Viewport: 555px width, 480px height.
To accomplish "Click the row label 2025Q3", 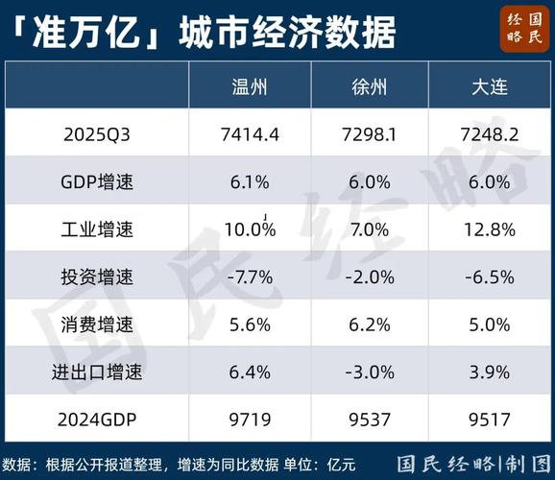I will [96, 134].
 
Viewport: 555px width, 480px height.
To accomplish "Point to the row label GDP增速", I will [96, 181].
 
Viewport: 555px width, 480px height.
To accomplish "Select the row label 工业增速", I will [96, 229].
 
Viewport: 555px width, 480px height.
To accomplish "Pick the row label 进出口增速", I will [96, 372].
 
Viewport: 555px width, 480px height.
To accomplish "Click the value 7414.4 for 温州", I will [250, 134].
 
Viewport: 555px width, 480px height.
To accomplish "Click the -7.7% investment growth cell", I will [250, 277].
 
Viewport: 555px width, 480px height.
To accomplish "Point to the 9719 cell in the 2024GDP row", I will [250, 420].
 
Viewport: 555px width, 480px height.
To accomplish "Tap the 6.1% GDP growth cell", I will [250, 181].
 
